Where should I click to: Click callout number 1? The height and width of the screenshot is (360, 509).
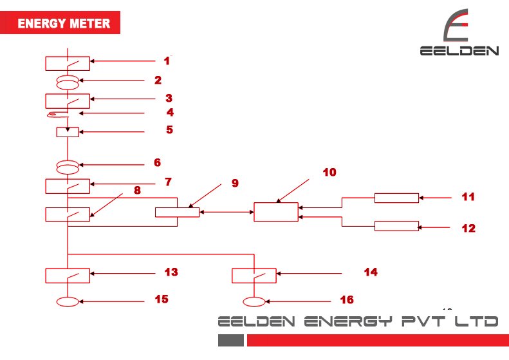pos(167,61)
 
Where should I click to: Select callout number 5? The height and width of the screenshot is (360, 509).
pos(169,129)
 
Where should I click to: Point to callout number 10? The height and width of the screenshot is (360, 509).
pos(329,173)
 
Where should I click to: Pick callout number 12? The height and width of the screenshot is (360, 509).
pos(468,228)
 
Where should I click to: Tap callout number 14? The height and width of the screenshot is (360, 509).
pos(370,272)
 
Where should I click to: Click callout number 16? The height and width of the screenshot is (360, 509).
pos(346,300)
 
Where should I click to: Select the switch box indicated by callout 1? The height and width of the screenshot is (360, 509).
pos(68,63)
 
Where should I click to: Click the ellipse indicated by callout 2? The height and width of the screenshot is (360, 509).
pos(68,82)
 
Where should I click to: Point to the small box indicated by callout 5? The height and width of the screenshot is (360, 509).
pos(68,132)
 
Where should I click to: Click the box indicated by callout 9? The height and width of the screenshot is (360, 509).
pos(177,212)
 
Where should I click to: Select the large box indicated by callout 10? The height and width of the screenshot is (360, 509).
pos(276,212)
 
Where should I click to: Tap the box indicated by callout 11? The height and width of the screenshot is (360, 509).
pos(396,197)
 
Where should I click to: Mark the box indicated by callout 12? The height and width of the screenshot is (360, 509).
pos(396,226)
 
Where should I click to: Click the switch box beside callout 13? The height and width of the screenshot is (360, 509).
pos(68,275)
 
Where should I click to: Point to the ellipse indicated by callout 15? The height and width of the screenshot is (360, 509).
pos(68,301)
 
